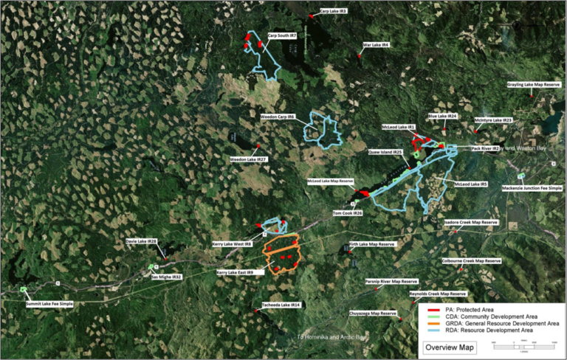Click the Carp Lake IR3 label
point(334,11)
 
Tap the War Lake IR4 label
point(376,44)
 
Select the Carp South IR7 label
point(282,35)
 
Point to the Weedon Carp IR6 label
point(278,117)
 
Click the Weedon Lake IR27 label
point(248,159)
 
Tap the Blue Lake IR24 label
point(443,116)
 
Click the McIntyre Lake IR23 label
point(493,120)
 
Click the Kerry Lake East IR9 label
point(235,272)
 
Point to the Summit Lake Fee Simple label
point(50,304)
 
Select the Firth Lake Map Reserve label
point(372,243)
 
